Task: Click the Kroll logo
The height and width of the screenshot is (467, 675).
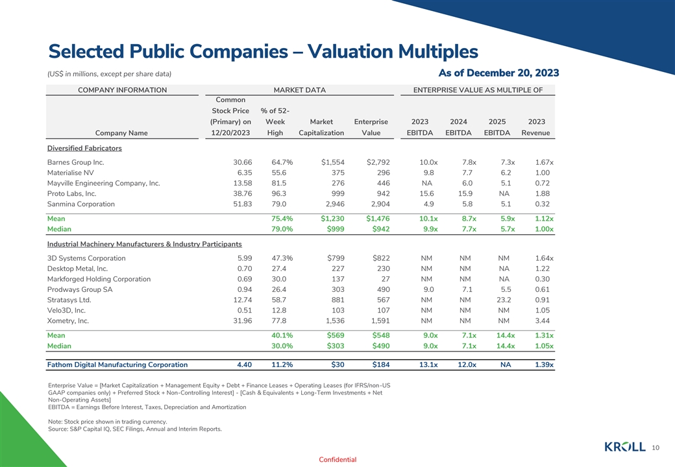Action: (624, 446)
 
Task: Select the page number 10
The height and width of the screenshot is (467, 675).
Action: (656, 447)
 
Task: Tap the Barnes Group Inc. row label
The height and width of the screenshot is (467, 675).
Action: (75, 162)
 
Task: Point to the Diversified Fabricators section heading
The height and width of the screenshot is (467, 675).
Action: (84, 148)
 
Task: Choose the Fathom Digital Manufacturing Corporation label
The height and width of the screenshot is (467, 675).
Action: (117, 365)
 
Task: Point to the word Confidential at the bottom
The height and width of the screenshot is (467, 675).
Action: (337, 460)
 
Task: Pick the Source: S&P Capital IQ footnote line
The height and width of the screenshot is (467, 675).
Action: (135, 429)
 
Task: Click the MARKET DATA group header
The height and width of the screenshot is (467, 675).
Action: (299, 90)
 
